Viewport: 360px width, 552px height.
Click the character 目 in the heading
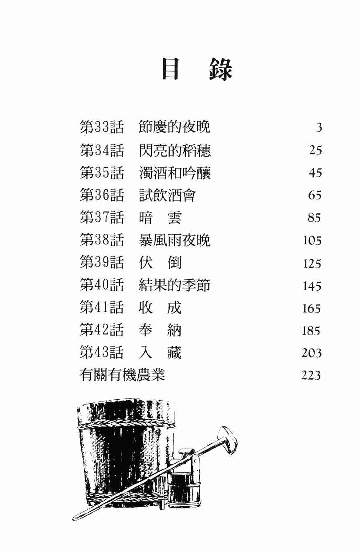[x=171, y=69]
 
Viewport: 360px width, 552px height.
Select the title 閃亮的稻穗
[x=175, y=150]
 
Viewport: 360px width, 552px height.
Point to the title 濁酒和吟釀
[x=175, y=173]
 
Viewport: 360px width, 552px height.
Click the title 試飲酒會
[x=167, y=195]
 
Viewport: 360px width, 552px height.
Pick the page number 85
[x=314, y=218]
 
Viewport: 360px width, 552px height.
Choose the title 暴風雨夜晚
[x=175, y=240]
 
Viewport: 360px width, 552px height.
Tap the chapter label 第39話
[x=102, y=263]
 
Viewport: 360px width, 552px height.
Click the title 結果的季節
[x=175, y=285]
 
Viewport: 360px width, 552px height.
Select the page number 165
[x=312, y=309]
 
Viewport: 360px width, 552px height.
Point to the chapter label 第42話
[x=102, y=330]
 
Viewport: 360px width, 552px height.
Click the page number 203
[x=312, y=353]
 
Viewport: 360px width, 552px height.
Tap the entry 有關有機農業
[x=123, y=375]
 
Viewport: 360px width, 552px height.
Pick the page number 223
[x=311, y=375]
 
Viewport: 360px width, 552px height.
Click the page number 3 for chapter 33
[x=319, y=128]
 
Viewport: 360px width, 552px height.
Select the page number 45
[x=315, y=173]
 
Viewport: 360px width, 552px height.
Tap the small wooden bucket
[x=184, y=484]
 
